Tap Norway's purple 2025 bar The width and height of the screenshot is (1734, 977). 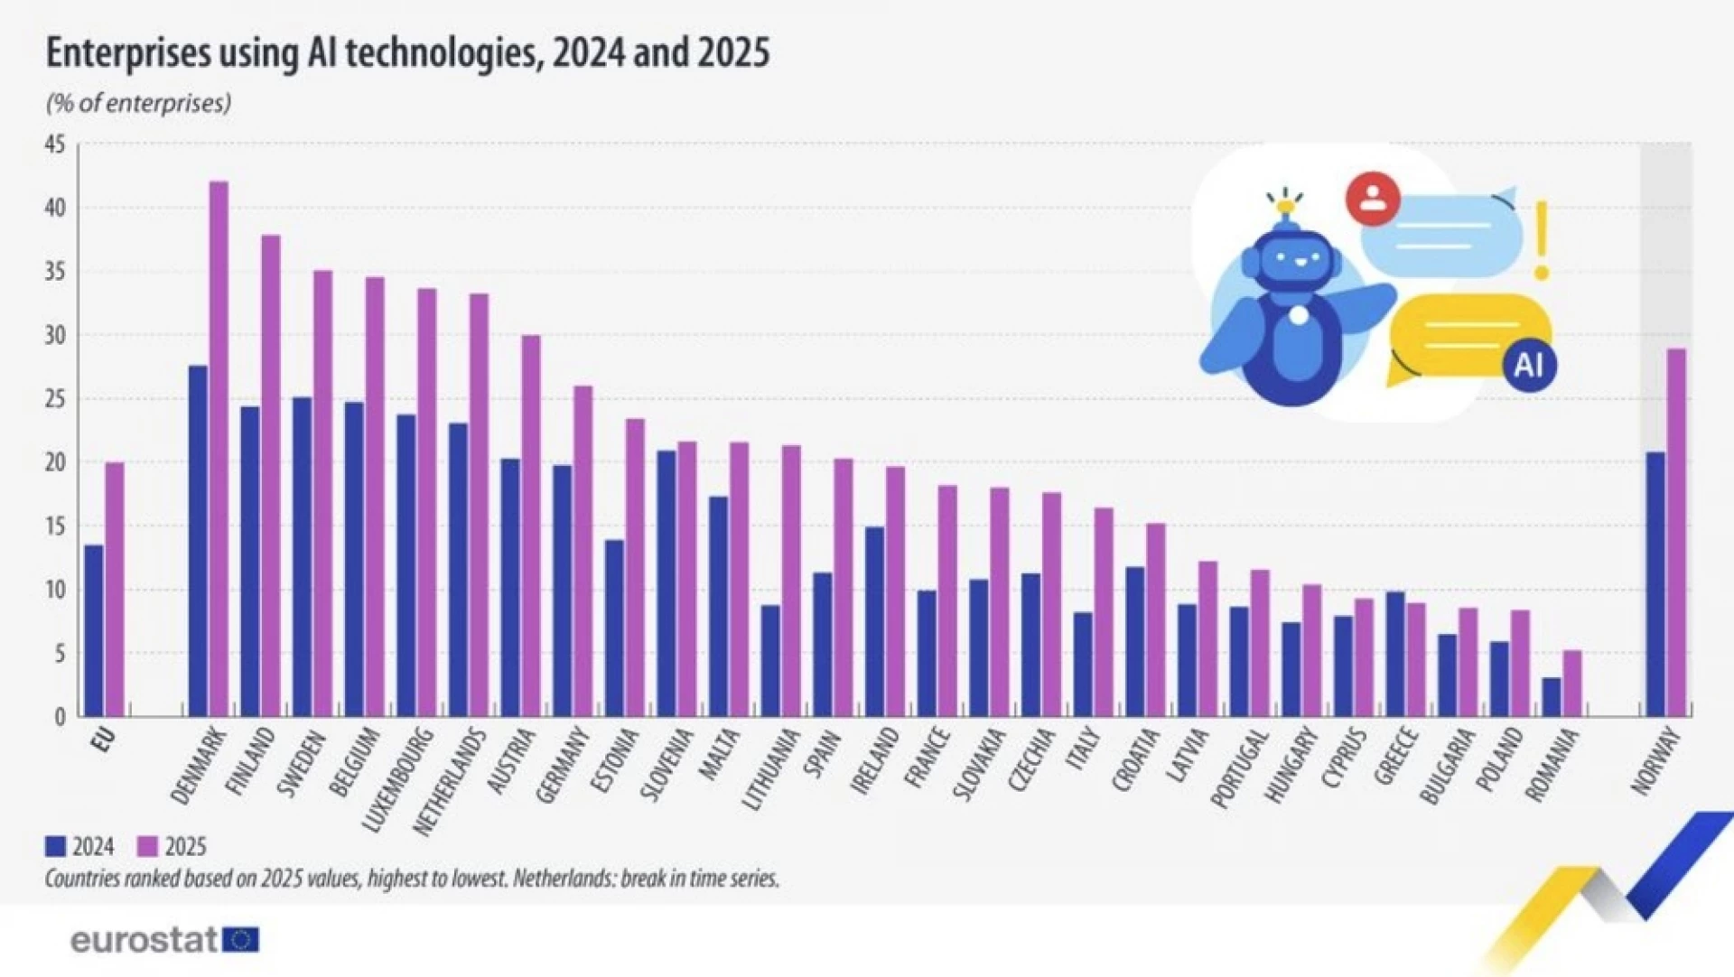tap(1676, 533)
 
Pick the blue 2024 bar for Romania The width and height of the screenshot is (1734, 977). tap(1552, 696)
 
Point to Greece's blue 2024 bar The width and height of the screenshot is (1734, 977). tap(1395, 654)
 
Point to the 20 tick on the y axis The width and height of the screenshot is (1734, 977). tap(56, 462)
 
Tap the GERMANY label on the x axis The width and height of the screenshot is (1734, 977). tap(563, 766)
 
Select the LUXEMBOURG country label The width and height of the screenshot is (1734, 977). tap(397, 778)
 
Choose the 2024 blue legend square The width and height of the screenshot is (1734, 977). tap(56, 846)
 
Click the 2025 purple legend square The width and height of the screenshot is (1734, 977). tap(147, 846)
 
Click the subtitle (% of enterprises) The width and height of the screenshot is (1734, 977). tap(138, 103)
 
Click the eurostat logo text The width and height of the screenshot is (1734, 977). tap(144, 940)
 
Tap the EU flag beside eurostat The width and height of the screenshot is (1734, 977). tap(241, 940)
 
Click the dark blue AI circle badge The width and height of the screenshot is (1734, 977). tap(1529, 365)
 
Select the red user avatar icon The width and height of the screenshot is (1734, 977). tap(1373, 199)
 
